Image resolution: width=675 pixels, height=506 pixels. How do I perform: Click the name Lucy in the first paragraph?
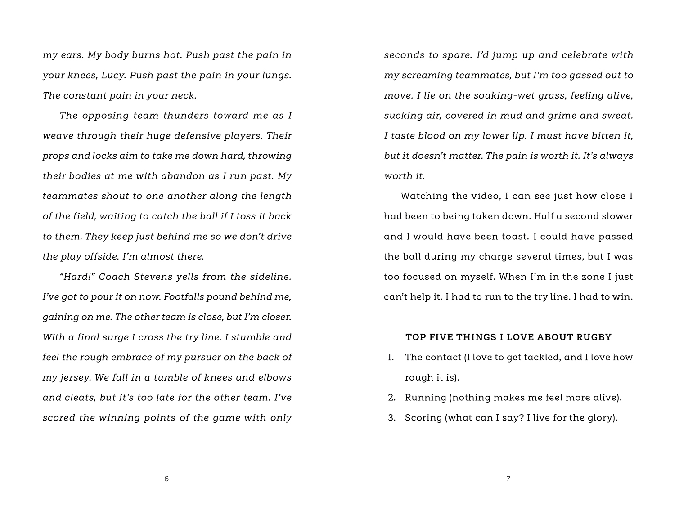(x=115, y=76)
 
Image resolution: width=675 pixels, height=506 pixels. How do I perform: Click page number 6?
(x=166, y=479)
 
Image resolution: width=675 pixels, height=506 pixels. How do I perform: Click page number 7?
(x=508, y=479)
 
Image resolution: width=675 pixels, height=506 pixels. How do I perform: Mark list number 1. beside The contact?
(x=391, y=358)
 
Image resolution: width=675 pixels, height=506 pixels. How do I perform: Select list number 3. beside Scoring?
(x=391, y=418)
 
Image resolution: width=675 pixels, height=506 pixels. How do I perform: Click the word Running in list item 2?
(x=425, y=398)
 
